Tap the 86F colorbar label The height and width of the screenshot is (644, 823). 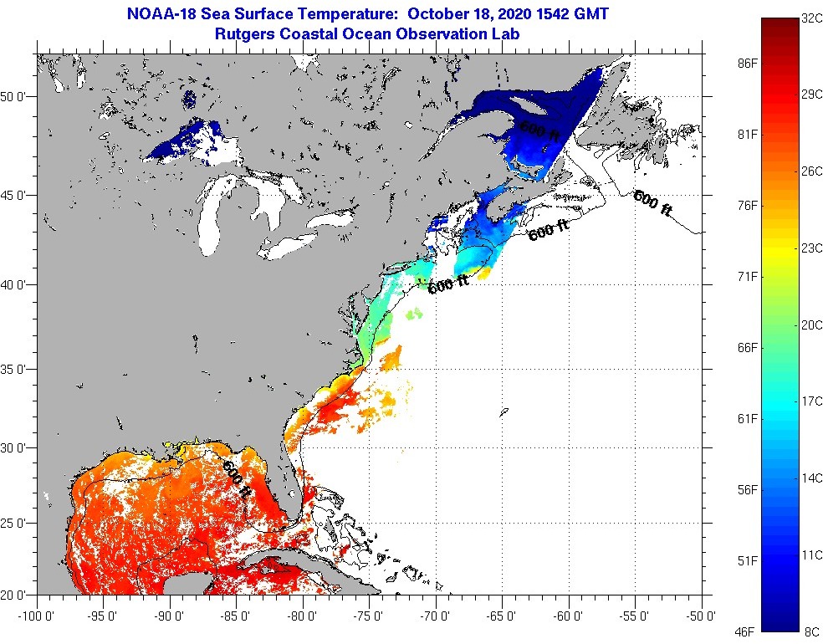(x=746, y=63)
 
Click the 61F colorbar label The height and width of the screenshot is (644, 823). (x=746, y=418)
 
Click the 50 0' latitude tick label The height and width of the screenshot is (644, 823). (x=16, y=96)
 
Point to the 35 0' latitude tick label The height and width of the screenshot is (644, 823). (x=16, y=369)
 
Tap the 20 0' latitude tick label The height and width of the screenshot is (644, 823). (x=16, y=595)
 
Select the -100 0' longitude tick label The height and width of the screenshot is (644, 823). (x=35, y=616)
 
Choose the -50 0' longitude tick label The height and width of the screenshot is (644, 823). (x=701, y=616)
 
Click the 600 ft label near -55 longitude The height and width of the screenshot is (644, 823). (x=652, y=203)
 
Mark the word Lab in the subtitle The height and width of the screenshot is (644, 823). (x=506, y=34)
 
